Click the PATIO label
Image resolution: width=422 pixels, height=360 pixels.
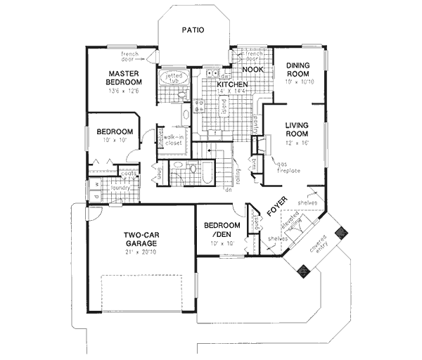tap(192, 30)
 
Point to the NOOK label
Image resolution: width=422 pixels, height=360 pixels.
tap(252, 70)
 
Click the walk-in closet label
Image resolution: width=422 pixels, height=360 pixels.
tap(174, 139)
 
